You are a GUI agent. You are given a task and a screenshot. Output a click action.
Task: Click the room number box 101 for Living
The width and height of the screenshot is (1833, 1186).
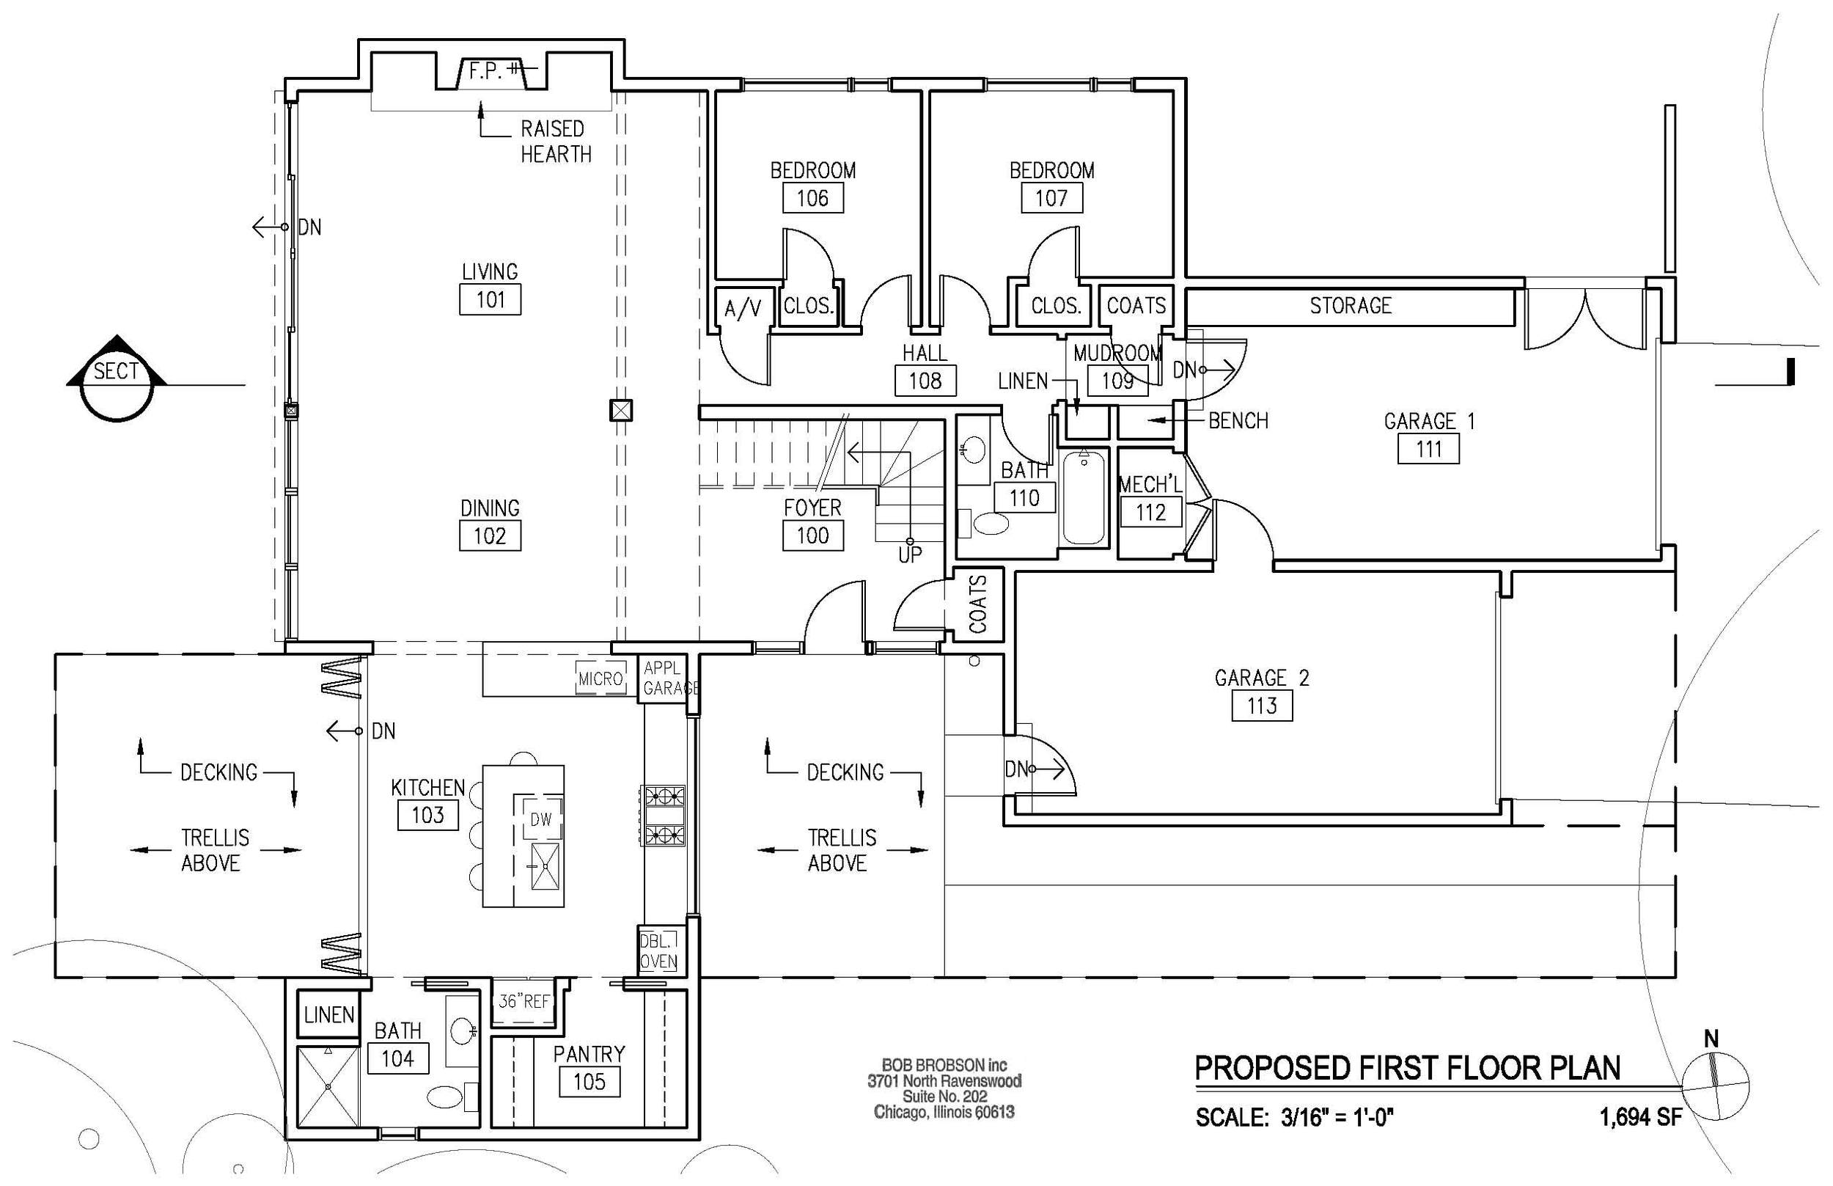coord(490,299)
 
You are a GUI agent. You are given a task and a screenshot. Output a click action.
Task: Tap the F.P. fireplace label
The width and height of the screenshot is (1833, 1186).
coord(485,72)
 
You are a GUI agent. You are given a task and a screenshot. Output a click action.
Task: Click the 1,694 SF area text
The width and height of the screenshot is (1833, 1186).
coord(1641,1116)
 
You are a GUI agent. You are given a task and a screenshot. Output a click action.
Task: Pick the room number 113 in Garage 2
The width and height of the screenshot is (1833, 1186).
coord(1262,706)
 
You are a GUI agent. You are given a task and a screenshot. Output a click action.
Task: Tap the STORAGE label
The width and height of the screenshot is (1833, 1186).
coord(1351,306)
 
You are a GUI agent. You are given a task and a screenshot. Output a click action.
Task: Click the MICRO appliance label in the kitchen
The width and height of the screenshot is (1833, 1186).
coord(600,678)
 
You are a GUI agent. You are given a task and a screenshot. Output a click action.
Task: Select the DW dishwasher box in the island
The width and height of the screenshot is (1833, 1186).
coord(541,819)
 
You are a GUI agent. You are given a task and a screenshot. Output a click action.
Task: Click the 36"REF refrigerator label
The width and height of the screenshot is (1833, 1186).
coord(524,1001)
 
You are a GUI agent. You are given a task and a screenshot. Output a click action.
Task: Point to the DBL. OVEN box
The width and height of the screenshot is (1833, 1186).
coord(659,951)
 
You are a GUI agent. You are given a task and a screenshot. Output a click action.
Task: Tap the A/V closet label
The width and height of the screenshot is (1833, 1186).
coord(742,310)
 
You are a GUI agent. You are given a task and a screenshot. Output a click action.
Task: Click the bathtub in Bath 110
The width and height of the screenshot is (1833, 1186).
coord(1084,497)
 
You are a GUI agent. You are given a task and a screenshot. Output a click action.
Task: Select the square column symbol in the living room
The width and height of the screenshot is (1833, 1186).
coord(621,411)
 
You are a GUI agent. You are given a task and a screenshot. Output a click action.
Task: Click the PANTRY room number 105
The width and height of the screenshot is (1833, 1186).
coord(589,1082)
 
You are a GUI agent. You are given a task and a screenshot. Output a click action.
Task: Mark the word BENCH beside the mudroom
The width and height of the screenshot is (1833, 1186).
coord(1238,420)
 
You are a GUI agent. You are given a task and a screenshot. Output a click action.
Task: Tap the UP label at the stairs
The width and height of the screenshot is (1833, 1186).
coord(910,554)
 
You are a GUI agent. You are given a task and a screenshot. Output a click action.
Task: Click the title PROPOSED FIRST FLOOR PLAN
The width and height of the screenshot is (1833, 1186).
coord(1407,1068)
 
